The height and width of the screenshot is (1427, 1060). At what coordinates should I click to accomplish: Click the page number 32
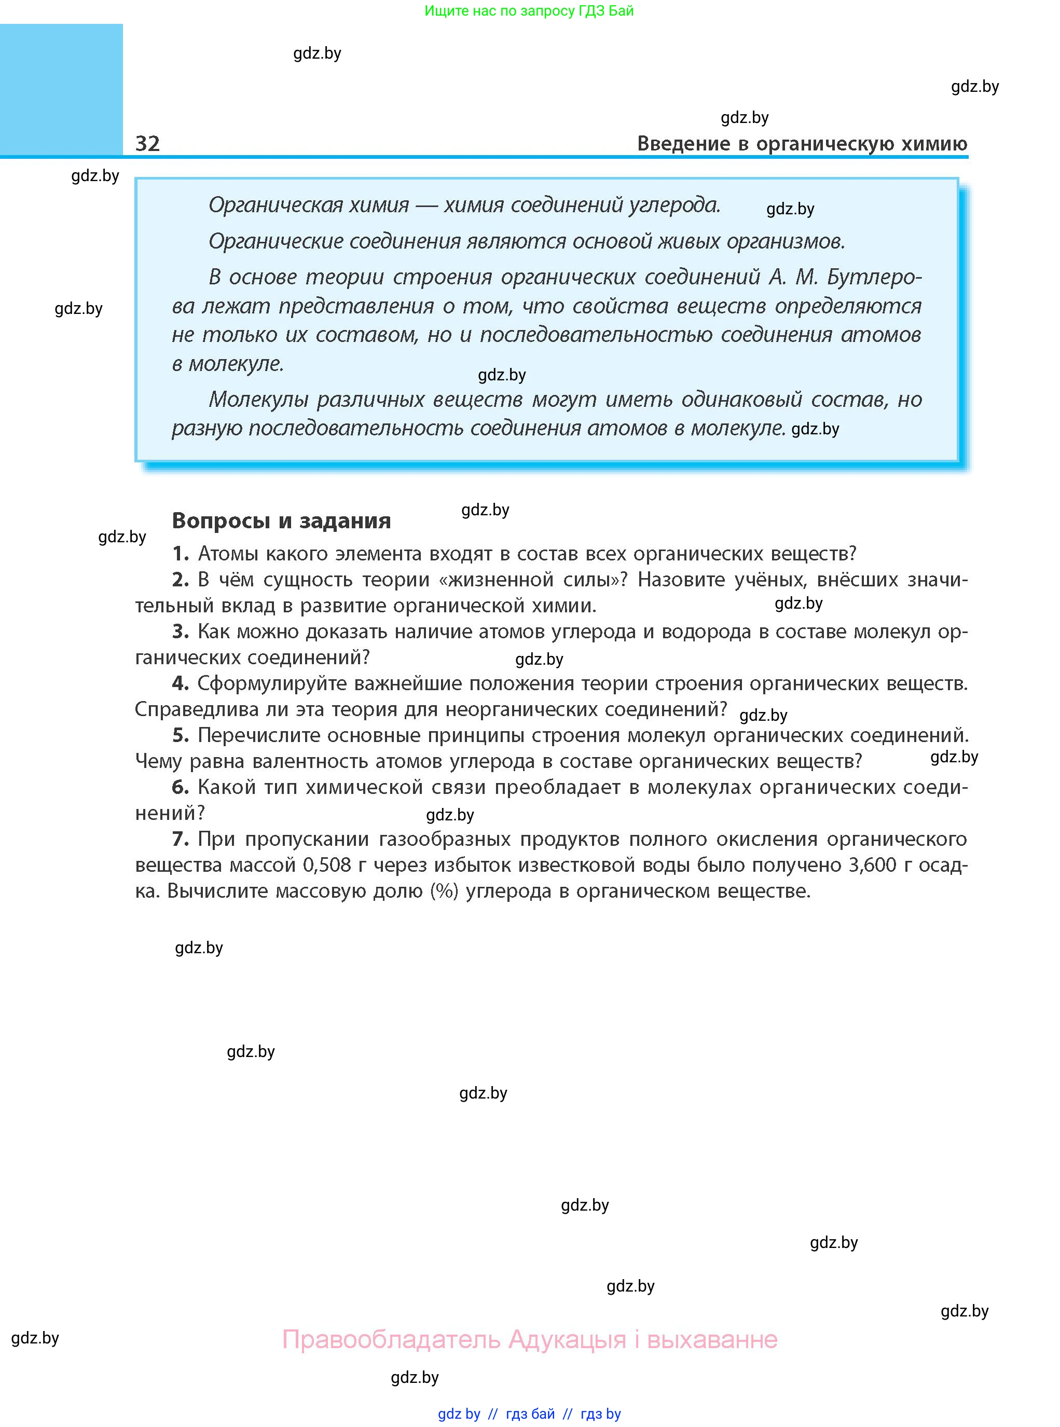click(147, 143)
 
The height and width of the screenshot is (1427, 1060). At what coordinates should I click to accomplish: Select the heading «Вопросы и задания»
click(281, 520)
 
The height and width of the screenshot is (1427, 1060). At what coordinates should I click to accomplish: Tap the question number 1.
click(181, 553)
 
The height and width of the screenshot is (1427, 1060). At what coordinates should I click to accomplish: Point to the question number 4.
click(181, 683)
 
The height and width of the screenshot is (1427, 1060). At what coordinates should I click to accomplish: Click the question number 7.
click(181, 839)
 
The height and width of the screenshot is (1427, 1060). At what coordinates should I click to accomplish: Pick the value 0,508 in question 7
click(326, 865)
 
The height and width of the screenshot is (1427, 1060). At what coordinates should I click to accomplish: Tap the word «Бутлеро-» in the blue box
click(874, 277)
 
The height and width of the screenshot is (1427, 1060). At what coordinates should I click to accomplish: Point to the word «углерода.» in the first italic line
click(674, 205)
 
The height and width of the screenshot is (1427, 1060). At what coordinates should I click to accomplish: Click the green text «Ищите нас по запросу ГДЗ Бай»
click(529, 11)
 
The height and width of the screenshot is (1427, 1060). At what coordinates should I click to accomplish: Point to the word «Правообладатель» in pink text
click(391, 1339)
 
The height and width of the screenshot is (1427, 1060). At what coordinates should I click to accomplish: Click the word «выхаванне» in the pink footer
click(712, 1339)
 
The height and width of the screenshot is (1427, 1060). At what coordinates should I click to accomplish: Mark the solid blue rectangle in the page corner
click(61, 90)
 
